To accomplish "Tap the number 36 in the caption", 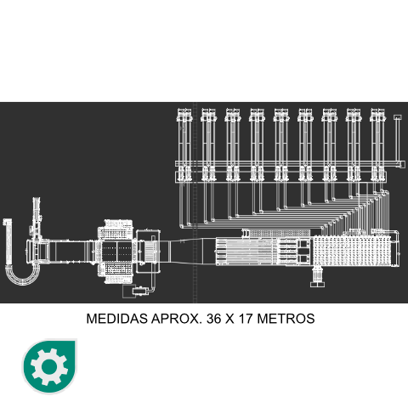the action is [214, 319].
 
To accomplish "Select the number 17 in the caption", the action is [246, 319].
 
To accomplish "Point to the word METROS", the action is [286, 319].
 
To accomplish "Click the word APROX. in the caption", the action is [177, 319].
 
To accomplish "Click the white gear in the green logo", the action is [49, 367].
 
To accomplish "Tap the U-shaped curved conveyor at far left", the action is [21, 276].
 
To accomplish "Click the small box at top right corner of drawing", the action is [398, 117].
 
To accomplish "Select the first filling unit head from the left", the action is [184, 115].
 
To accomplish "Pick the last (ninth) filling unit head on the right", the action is [378, 115].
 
